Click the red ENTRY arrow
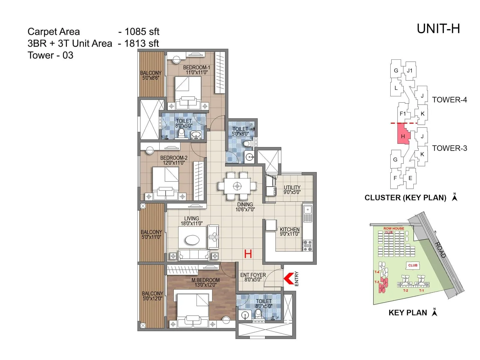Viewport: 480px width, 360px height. (x=288, y=278)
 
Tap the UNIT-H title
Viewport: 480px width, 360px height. (x=438, y=29)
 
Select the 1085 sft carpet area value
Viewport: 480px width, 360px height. (x=142, y=31)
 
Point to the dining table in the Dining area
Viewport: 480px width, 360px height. (x=237, y=186)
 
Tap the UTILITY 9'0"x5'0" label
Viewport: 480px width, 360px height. (x=292, y=190)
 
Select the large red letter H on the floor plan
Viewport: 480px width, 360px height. (x=248, y=254)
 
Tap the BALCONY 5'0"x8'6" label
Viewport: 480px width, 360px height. (x=151, y=75)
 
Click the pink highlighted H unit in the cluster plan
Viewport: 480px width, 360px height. (x=403, y=136)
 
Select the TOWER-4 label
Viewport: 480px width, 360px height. (x=449, y=100)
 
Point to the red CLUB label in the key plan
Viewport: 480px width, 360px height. (x=412, y=265)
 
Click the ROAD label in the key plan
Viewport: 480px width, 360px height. (x=440, y=250)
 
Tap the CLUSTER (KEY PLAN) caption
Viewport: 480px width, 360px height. (x=405, y=198)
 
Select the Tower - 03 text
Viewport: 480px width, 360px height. (x=50, y=55)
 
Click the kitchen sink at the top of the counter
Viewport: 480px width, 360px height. (x=307, y=210)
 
